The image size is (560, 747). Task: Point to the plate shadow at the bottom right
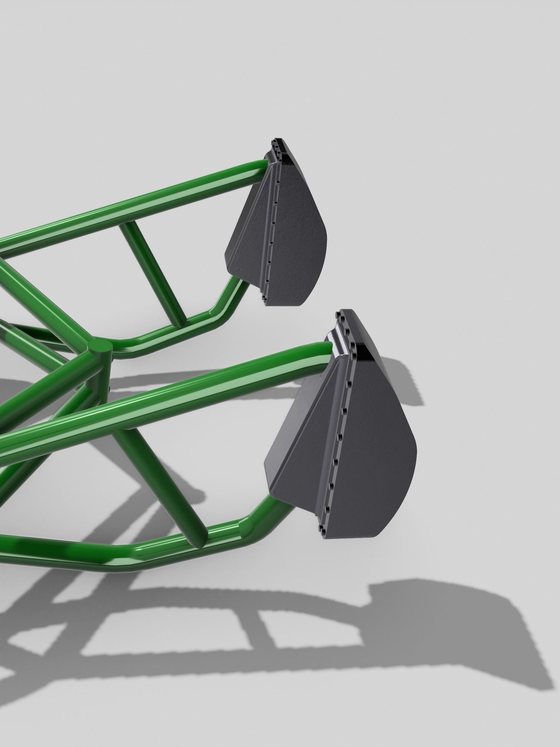(473, 642)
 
